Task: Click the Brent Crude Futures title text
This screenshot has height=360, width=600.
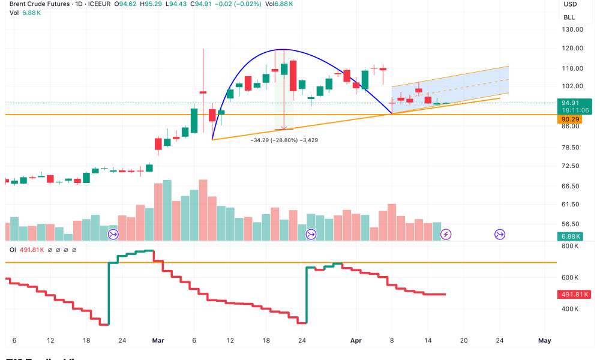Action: (34, 4)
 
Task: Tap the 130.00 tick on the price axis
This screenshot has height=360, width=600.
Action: (574, 29)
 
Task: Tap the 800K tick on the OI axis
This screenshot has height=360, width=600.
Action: (570, 246)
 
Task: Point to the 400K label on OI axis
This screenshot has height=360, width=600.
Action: (570, 309)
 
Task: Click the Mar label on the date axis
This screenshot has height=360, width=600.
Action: (158, 340)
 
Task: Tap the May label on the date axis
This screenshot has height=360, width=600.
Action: (544, 340)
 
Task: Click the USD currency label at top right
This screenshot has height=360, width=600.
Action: (570, 4)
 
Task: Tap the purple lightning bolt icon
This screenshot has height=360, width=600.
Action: (446, 234)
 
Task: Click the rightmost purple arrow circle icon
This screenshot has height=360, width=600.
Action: (499, 234)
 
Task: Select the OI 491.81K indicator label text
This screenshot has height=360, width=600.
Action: (27, 250)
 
